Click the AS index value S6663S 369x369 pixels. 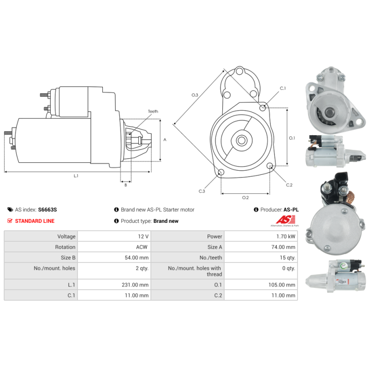48,209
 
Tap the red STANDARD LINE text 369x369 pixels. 35,221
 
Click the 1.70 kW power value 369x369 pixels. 286,236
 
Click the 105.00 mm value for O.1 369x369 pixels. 282,285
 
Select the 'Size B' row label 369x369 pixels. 68,257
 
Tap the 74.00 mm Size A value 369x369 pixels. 283,247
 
